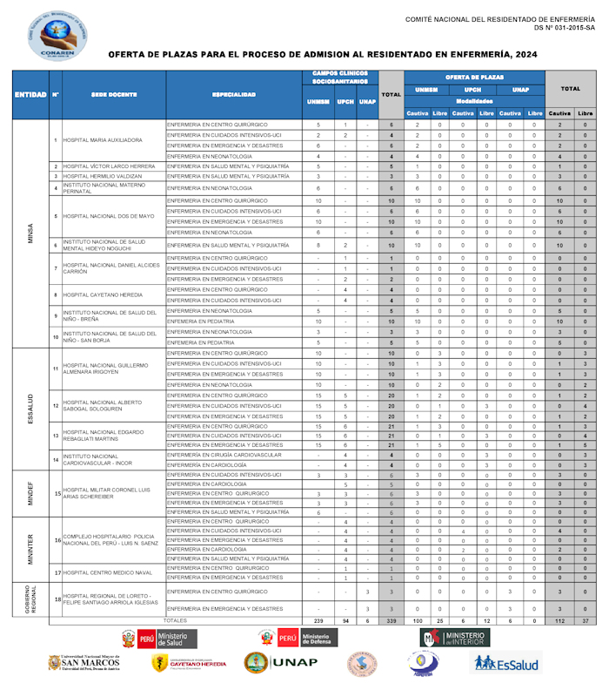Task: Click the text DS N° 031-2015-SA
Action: pos(565,28)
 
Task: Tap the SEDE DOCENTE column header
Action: pos(113,94)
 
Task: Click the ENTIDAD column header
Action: pos(30,94)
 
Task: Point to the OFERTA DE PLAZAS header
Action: pos(474,77)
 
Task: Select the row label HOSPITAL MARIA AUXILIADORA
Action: pos(103,140)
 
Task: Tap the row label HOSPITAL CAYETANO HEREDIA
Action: pos(103,295)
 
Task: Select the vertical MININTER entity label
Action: pos(30,550)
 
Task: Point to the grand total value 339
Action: pos(391,620)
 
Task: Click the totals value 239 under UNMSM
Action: pos(318,620)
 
